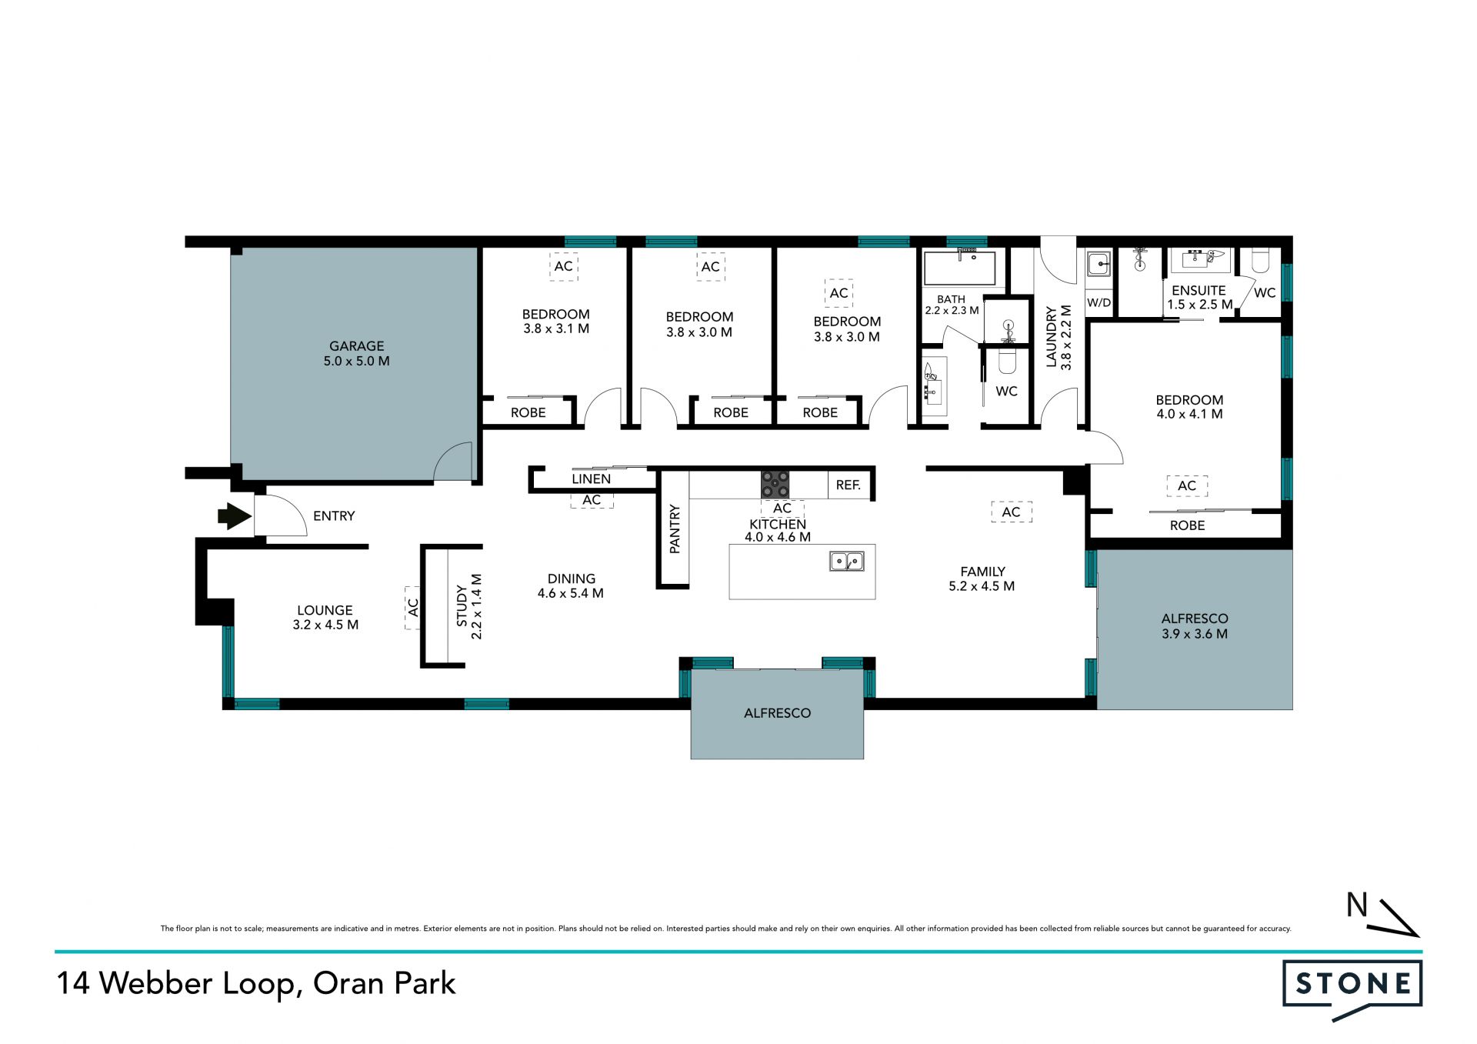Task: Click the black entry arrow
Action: [235, 516]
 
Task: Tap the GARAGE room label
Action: [357, 346]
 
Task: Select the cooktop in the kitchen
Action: [775, 485]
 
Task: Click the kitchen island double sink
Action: [847, 562]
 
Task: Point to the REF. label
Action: [849, 485]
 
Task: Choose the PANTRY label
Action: [675, 529]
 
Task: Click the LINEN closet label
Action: [591, 479]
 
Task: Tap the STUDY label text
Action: [462, 605]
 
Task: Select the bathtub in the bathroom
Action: [960, 268]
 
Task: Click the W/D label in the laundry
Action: [1099, 302]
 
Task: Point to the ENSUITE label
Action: [1199, 290]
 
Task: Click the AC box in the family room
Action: [1011, 512]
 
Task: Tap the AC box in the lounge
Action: [413, 608]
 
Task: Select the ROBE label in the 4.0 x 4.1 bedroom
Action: [1187, 525]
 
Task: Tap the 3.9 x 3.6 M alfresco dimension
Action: [1195, 634]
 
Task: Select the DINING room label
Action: [571, 579]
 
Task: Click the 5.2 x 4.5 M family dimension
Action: [982, 586]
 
